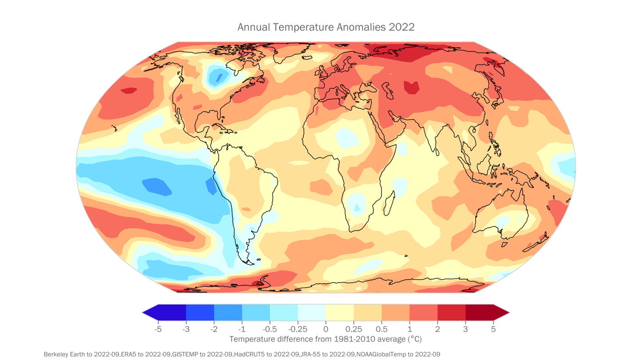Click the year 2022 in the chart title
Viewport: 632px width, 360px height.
coord(401,27)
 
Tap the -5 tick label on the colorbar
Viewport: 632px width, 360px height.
coord(158,329)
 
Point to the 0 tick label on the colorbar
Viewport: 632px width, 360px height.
coord(326,329)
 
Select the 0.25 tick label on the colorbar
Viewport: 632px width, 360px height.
coord(354,329)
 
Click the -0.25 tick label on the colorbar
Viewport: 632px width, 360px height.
coord(297,329)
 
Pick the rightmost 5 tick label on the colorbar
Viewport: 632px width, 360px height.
coord(494,329)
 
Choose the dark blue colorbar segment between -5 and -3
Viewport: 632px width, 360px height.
coord(172,313)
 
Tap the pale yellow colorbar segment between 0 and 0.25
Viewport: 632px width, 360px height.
coord(340,313)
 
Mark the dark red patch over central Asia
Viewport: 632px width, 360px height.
coord(411,87)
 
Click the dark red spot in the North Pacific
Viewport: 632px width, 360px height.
coord(129,90)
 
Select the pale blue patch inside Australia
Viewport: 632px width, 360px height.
coord(503,222)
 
